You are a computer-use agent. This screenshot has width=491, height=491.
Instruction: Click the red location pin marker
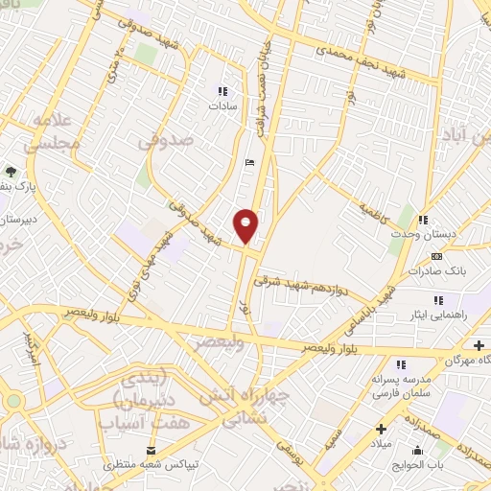pos(246,225)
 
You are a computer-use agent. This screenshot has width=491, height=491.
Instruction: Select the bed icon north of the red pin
pos(249,163)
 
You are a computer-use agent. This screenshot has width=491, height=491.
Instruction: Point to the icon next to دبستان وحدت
pos(423,221)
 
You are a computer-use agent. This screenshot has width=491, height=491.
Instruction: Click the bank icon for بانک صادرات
pos(437,256)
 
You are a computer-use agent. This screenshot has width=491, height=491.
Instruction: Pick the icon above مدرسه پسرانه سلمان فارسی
pos(401,363)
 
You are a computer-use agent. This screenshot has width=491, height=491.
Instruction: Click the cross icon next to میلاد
pos(381,428)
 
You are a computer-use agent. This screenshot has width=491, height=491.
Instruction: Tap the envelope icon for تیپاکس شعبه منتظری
pos(150,451)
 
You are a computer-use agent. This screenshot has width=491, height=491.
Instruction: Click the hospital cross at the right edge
pos(479,344)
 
